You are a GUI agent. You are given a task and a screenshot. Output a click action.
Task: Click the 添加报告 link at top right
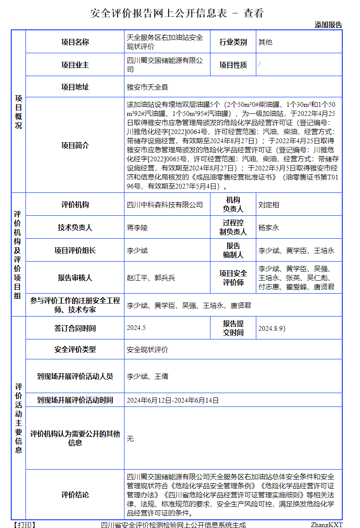328,25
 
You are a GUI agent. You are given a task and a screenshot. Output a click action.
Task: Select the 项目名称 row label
75,42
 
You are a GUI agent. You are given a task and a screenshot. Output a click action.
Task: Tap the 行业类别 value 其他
265,42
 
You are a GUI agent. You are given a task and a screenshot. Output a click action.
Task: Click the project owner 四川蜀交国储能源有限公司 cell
165,65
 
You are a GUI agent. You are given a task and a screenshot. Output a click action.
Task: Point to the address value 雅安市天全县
147,87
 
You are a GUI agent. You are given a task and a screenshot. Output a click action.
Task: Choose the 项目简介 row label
75,145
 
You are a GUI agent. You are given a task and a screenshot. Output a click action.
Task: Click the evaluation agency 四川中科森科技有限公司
165,205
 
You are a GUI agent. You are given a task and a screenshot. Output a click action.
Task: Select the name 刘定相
269,205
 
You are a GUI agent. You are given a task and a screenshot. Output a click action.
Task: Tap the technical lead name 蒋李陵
137,227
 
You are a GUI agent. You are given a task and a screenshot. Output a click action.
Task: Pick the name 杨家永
269,227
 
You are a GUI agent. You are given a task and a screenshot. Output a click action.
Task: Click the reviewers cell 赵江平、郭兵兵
151,278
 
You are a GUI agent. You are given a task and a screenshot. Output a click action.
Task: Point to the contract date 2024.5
136,328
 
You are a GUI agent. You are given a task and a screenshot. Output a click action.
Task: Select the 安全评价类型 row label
75,349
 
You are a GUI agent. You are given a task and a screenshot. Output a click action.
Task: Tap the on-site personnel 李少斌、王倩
147,376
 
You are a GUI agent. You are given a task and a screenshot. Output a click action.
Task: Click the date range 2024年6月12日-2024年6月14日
172,400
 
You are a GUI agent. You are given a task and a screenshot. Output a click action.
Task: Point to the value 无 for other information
130,439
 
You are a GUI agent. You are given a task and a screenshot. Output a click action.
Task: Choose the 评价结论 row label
75,495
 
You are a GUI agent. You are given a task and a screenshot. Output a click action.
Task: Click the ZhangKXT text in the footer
326,525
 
